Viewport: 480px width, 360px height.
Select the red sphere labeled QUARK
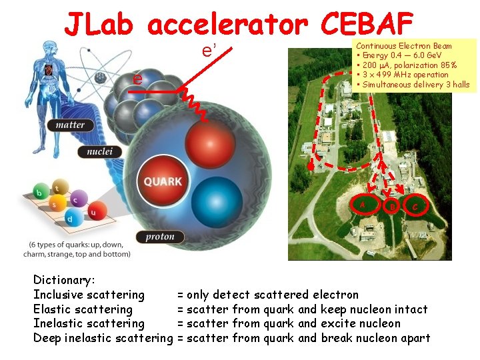click(x=163, y=181)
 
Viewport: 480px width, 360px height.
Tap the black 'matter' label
click(x=70, y=125)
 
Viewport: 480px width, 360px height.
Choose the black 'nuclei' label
click(x=103, y=152)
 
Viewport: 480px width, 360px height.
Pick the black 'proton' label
click(x=160, y=237)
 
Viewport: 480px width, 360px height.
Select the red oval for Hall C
click(x=415, y=205)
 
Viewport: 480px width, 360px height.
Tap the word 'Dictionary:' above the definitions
click(x=65, y=280)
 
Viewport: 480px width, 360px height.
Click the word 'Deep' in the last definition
click(x=47, y=338)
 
